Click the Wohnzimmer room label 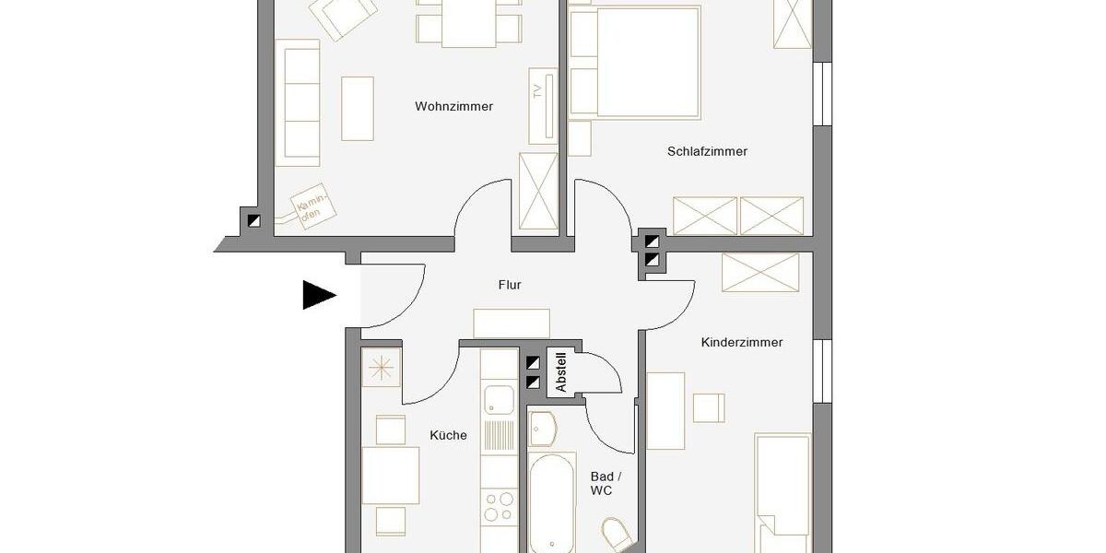[x=453, y=107]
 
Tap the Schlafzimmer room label [x=707, y=151]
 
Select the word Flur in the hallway [x=510, y=285]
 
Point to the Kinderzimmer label [x=742, y=342]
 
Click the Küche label [x=449, y=435]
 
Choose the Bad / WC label [x=601, y=483]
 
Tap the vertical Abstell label [x=560, y=372]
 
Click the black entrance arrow [x=319, y=295]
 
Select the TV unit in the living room [x=542, y=104]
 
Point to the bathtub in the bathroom [x=552, y=502]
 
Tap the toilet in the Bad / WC [x=614, y=535]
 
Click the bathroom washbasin [x=543, y=429]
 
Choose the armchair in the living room [x=343, y=17]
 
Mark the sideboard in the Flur [x=512, y=324]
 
